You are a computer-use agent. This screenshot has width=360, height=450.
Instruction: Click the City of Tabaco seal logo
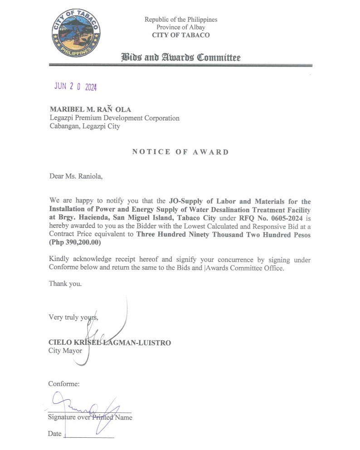point(76,34)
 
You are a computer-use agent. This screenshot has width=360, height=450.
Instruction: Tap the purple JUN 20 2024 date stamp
point(75,87)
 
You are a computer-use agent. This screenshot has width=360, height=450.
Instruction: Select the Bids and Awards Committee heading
point(180,58)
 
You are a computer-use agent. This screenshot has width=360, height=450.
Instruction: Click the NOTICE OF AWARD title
point(180,152)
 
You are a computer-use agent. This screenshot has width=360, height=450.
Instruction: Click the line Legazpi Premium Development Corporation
point(114,118)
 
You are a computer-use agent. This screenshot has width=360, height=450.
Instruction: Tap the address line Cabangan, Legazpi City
point(85,126)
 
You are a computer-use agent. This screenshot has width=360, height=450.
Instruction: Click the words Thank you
point(66,284)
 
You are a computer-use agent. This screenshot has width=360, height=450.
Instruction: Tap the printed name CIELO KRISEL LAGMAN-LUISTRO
point(110,343)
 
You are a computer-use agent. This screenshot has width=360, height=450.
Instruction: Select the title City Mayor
point(66,351)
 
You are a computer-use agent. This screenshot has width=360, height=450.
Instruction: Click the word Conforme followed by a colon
point(64,384)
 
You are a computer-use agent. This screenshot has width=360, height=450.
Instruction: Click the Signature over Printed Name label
point(90,417)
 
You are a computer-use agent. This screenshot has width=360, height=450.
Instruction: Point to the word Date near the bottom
point(54,434)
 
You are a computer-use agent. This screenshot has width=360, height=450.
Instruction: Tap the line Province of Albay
point(180,27)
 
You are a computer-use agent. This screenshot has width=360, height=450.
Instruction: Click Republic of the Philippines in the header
point(180,19)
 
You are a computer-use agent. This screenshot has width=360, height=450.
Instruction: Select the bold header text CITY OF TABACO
point(180,35)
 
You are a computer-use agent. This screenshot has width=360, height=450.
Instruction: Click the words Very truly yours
point(73,317)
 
